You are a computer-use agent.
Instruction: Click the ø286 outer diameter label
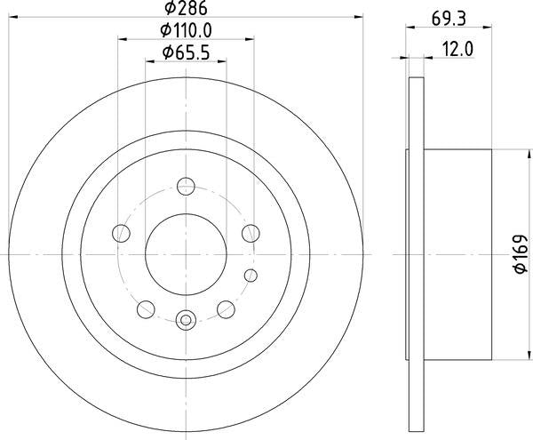(x=185, y=11)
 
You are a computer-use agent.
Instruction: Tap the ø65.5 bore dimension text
(x=186, y=54)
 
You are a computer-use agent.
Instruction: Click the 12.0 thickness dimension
(x=457, y=52)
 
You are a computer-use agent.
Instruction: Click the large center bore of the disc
(x=186, y=255)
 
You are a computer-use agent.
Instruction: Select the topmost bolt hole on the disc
(x=186, y=187)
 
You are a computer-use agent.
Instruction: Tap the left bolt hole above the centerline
(x=121, y=234)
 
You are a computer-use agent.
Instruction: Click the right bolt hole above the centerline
(x=251, y=234)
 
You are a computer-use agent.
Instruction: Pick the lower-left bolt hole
(x=146, y=310)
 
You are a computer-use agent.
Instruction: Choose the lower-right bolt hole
(x=226, y=310)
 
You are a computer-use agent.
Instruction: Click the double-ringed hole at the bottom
(x=186, y=321)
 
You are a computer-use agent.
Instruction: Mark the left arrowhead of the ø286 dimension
(x=12, y=16)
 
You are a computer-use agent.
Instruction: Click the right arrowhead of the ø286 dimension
(x=359, y=16)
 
